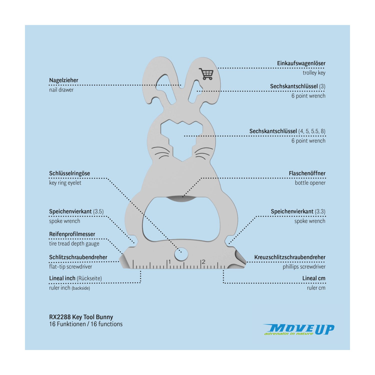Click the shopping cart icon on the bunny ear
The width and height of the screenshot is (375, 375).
click(x=206, y=74)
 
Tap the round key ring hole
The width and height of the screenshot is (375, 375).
click(x=181, y=254)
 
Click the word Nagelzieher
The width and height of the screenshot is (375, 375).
click(x=63, y=80)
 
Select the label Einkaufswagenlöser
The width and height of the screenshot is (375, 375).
click(x=301, y=63)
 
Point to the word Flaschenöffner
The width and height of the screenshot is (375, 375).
click(x=307, y=173)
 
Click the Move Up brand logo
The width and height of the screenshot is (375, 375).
click(x=299, y=329)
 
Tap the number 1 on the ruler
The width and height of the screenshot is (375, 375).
click(x=169, y=262)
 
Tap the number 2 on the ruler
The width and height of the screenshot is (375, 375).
click(x=203, y=262)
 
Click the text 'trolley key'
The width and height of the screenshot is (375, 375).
click(x=314, y=73)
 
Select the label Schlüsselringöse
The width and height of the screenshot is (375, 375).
click(x=69, y=173)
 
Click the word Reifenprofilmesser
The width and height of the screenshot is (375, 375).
click(x=72, y=234)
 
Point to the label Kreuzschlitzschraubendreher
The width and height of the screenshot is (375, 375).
click(x=290, y=257)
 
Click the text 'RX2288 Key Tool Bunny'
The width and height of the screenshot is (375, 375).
click(x=81, y=317)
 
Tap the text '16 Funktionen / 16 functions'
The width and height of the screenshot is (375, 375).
click(x=86, y=324)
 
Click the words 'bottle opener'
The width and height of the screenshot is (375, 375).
click(x=310, y=183)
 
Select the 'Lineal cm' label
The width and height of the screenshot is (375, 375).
click(x=314, y=278)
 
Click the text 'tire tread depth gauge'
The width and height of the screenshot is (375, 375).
click(x=74, y=244)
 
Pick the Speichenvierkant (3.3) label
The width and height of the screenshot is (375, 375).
click(x=298, y=211)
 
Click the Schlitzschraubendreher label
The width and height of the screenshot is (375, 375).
click(x=78, y=257)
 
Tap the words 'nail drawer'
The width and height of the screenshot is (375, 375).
click(x=61, y=90)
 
